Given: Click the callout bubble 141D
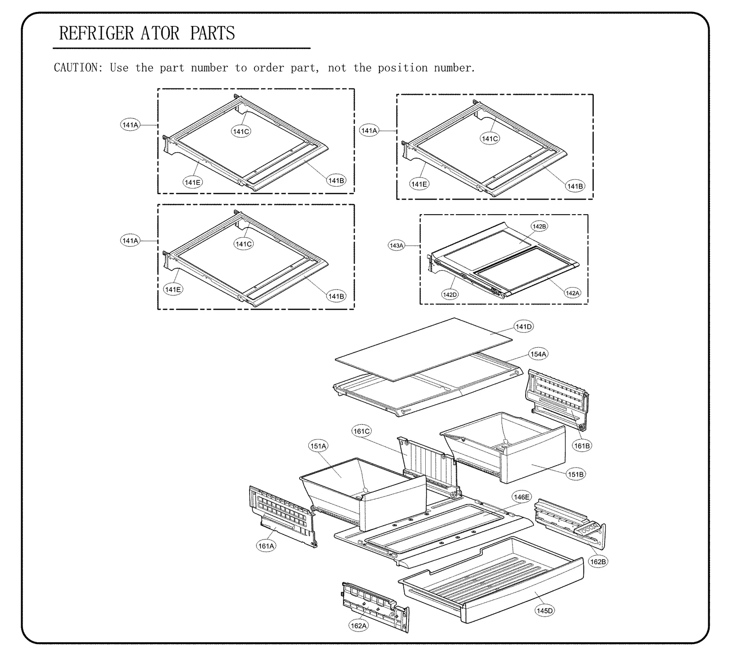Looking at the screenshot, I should coord(523,327).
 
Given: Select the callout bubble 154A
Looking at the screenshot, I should coord(539,354).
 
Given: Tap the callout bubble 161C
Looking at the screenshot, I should coord(361,431).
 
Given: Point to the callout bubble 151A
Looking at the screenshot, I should coord(318,446).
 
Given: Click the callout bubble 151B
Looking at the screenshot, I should coord(576,474).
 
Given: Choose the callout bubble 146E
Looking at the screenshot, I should coord(522,497).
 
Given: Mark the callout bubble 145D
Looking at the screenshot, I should coord(545,611).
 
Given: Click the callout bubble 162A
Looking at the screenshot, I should coord(358,626).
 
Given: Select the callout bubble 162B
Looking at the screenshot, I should coord(598,562).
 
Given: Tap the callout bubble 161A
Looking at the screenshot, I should coord(266,546).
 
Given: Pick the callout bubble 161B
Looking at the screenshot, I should coord(582,445).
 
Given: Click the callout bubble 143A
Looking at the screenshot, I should coord(396,246).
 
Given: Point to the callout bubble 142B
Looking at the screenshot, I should coord(539,227).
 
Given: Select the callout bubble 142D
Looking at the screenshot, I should coord(450,295).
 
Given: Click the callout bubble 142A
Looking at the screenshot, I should coord(573,293).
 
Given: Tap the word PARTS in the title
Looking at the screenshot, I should coord(212,33).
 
